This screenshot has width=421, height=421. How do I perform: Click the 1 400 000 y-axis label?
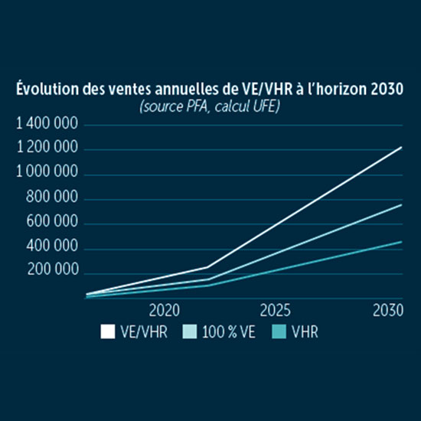coord(47,124)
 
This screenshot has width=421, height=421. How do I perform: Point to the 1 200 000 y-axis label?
coord(47,148)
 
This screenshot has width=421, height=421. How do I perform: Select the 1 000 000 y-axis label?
coord(47,174)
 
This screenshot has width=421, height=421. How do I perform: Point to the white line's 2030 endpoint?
coord(401,146)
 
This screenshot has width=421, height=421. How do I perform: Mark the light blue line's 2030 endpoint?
coord(401,204)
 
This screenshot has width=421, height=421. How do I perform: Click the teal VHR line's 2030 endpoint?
coord(401,241)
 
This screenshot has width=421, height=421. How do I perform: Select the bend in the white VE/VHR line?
coord(207,267)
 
